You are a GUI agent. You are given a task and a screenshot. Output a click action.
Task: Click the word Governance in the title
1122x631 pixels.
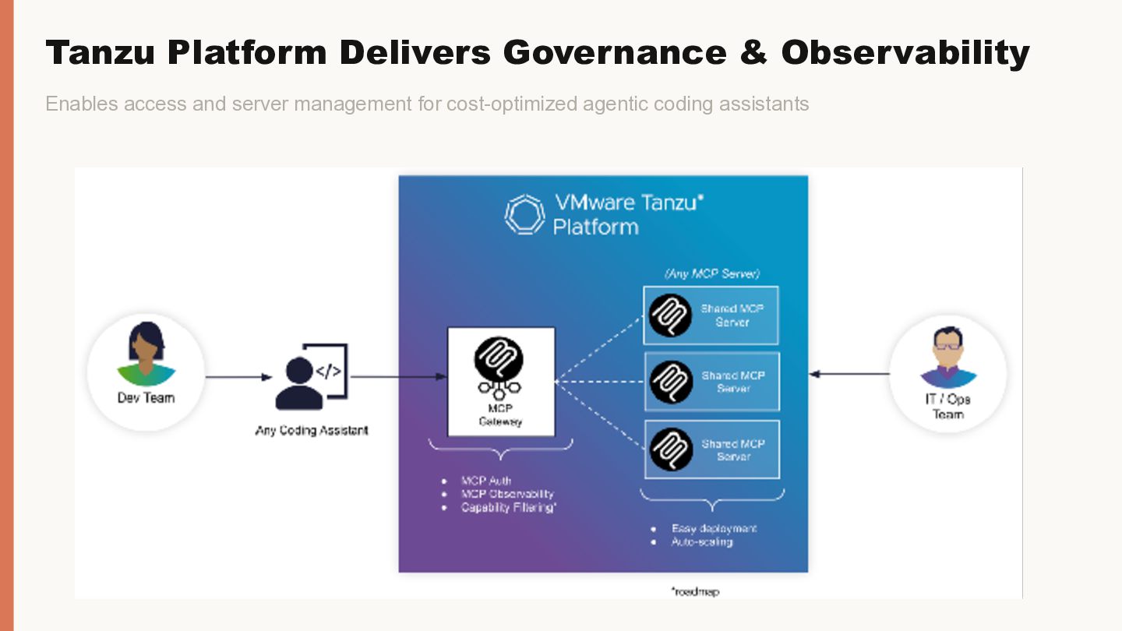614,53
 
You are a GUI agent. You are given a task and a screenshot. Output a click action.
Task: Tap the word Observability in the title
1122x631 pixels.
905,53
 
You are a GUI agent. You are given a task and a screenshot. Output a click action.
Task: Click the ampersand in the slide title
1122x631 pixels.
753,53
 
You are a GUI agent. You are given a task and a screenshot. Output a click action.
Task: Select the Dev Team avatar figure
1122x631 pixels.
146,355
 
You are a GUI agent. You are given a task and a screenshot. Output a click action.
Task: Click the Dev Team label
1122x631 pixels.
146,397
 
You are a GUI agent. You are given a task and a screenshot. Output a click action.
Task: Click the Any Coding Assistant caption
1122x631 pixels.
312,430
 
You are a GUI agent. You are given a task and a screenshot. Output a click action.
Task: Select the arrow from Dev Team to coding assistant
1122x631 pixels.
238,378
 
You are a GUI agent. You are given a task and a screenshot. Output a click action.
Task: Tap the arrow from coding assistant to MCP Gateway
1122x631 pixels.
398,377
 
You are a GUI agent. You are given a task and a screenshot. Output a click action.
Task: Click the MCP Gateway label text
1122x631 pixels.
500,415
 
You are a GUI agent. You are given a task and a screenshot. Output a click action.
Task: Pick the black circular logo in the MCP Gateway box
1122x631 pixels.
499,359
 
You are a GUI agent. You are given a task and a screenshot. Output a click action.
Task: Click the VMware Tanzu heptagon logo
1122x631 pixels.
525,214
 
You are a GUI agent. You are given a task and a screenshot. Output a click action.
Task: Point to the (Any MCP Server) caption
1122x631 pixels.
711,273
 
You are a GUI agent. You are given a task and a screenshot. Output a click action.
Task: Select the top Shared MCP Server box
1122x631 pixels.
711,315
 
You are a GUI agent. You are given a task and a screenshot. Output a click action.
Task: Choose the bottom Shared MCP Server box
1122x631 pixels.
711,449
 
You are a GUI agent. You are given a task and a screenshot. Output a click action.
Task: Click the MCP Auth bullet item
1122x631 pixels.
486,481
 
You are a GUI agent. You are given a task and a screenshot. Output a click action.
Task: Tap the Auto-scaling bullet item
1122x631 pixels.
702,541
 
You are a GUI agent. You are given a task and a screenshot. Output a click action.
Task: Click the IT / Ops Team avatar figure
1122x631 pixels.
948,358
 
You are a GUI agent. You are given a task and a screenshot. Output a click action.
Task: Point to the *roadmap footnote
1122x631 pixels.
695,592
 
